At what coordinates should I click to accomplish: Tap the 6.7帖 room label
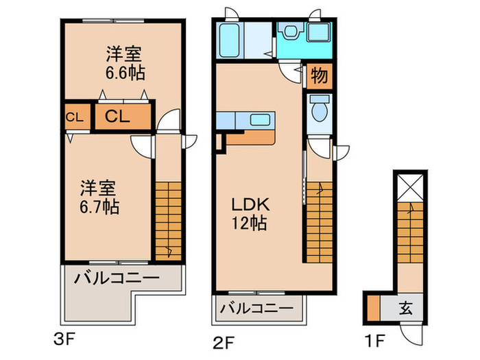click(x=99, y=196)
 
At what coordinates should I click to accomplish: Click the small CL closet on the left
click(x=74, y=117)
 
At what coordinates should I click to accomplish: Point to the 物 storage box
click(x=318, y=75)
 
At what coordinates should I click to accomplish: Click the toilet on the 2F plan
click(x=318, y=109)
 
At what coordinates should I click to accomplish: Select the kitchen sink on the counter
click(x=259, y=120)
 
